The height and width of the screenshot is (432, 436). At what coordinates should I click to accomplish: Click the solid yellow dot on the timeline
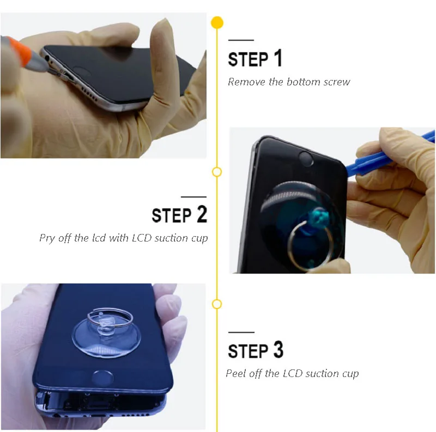pyautogui.click(x=217, y=23)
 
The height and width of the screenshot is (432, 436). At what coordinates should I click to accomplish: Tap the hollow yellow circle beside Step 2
pyautogui.click(x=217, y=172)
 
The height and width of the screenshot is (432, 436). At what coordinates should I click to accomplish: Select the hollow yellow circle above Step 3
pyautogui.click(x=217, y=304)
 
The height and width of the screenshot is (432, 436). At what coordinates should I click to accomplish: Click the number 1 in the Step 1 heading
pyautogui.click(x=278, y=58)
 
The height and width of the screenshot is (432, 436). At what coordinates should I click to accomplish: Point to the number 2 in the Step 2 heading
pyautogui.click(x=202, y=214)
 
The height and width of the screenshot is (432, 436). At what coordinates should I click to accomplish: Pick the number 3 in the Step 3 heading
pyautogui.click(x=278, y=349)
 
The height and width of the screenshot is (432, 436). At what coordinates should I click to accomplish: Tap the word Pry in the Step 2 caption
pyautogui.click(x=47, y=238)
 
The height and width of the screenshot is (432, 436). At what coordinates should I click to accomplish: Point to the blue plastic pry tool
pyautogui.click(x=389, y=156)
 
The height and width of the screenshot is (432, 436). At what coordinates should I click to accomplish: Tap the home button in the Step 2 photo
pyautogui.click(x=306, y=159)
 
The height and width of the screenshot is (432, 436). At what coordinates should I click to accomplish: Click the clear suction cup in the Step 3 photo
pyautogui.click(x=106, y=335)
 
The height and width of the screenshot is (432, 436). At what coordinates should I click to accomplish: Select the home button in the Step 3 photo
pyautogui.click(x=102, y=378)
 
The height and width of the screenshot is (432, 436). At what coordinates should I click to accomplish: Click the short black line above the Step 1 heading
pyautogui.click(x=241, y=40)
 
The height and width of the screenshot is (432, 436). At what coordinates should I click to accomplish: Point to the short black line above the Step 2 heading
pyautogui.click(x=193, y=197)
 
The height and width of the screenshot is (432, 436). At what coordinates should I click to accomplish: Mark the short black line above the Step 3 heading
pyautogui.click(x=241, y=332)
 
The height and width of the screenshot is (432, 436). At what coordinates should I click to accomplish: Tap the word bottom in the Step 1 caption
pyautogui.click(x=303, y=82)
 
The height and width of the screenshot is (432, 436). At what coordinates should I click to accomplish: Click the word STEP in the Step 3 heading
pyautogui.click(x=248, y=350)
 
